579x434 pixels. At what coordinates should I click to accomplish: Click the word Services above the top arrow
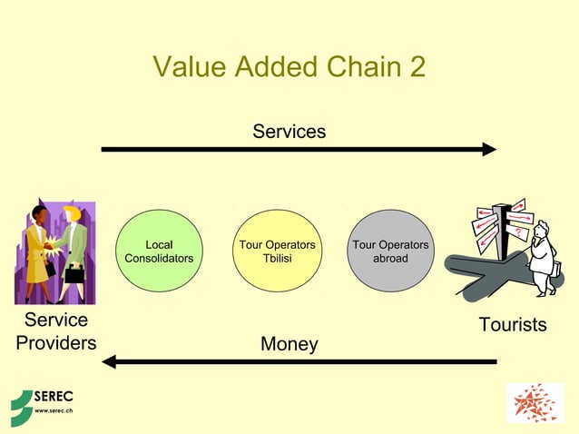pyautogui.click(x=289, y=132)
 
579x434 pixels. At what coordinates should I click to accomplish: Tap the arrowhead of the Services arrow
pyautogui.click(x=489, y=149)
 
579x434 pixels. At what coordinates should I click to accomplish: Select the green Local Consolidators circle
pyautogui.click(x=159, y=252)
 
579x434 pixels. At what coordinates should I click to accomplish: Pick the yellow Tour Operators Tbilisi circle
pyautogui.click(x=277, y=252)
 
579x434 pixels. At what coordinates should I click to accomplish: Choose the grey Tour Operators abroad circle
pyautogui.click(x=390, y=252)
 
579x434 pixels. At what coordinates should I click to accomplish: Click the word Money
pyautogui.click(x=289, y=344)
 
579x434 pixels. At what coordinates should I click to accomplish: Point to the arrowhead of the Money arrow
pyautogui.click(x=110, y=361)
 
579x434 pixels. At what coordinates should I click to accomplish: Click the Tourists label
pyautogui.click(x=513, y=324)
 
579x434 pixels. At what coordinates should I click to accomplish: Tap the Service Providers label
pyautogui.click(x=56, y=331)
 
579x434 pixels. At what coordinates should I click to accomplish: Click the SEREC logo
pyautogui.click(x=42, y=403)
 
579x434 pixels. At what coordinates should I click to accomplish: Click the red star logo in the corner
pyautogui.click(x=535, y=403)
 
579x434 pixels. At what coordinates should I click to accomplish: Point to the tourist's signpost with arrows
pyautogui.click(x=500, y=227)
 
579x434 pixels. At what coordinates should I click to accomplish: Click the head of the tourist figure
pyautogui.click(x=541, y=228)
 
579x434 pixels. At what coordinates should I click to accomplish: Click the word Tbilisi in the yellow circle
pyautogui.click(x=277, y=259)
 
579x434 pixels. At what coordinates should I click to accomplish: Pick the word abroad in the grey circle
pyautogui.click(x=390, y=259)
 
